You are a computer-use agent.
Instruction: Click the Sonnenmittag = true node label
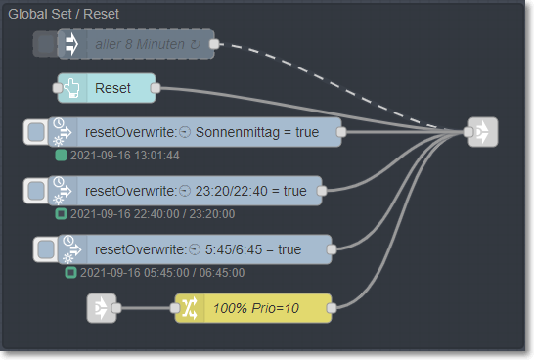(x=209, y=132)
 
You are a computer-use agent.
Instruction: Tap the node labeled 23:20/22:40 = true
(x=200, y=191)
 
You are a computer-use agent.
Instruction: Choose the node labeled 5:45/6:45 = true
(x=209, y=249)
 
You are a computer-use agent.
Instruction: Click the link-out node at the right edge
(x=483, y=132)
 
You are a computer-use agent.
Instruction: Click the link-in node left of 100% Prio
(x=101, y=309)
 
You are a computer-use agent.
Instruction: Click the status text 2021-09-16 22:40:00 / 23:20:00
(x=141, y=213)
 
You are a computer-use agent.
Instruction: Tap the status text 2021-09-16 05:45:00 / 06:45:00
(x=150, y=273)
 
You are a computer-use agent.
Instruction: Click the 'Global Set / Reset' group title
(x=64, y=15)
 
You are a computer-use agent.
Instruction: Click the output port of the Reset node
(x=156, y=88)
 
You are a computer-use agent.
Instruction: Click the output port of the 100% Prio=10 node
(x=332, y=309)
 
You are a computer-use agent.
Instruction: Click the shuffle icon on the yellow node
(x=188, y=309)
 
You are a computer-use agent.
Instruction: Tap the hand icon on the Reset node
(x=73, y=88)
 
